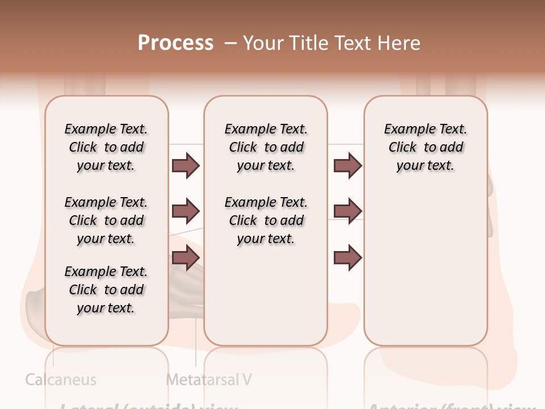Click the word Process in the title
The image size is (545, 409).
coord(175,43)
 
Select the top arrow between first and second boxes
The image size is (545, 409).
coord(186,165)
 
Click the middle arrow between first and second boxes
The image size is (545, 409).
coord(186,211)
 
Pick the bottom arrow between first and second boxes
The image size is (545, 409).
coord(186,258)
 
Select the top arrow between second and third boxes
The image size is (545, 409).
coord(347,165)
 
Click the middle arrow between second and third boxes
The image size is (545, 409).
coord(347,211)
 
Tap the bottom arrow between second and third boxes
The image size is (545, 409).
coord(347,258)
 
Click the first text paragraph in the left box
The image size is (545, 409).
coord(106,147)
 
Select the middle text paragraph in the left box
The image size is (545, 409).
coord(106,220)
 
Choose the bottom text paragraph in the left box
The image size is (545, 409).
coord(106,290)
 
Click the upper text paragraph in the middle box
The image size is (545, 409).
coord(266,147)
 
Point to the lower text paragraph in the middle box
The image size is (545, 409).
coord(266,220)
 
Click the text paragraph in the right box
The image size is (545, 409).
coord(425,147)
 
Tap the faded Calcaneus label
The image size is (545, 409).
coord(61,379)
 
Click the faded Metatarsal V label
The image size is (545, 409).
coord(208,379)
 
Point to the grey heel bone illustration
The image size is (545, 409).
coord(35,307)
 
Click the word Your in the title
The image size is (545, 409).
coord(264,43)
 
